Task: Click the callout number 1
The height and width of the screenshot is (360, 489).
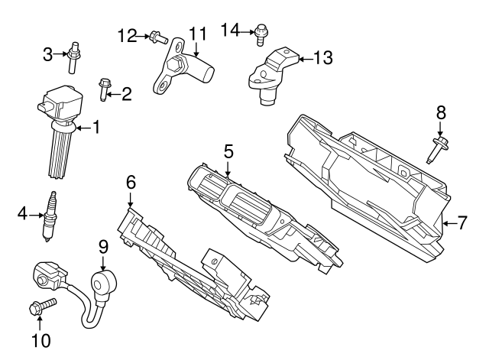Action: (96, 127)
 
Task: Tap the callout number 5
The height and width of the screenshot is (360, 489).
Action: (228, 153)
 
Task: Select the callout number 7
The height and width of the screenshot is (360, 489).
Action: (461, 223)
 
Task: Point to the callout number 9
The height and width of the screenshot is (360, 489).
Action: (104, 247)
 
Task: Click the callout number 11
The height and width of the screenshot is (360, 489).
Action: (198, 34)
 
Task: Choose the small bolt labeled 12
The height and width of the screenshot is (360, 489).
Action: (157, 36)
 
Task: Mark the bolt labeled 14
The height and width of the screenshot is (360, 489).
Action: (262, 31)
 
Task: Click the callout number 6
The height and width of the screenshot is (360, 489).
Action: (131, 182)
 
